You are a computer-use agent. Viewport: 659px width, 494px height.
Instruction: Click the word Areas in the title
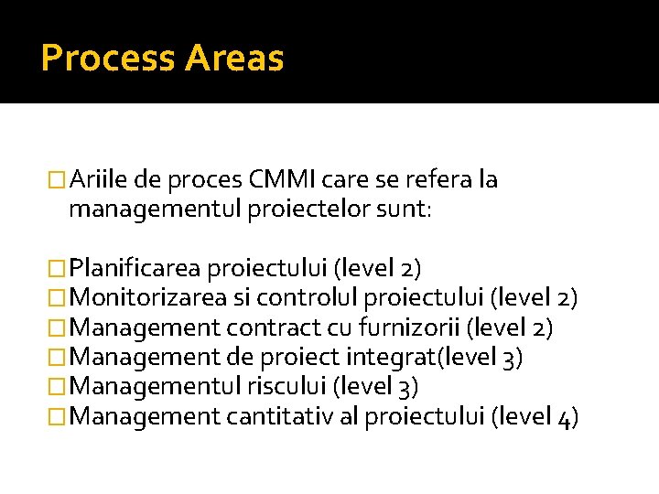(234, 59)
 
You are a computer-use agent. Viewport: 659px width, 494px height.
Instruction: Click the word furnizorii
(414, 327)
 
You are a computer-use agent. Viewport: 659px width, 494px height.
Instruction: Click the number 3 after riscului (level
(405, 387)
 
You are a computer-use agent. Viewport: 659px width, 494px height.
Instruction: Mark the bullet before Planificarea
(58, 269)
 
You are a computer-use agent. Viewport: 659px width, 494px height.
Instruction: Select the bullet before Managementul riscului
(58, 387)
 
